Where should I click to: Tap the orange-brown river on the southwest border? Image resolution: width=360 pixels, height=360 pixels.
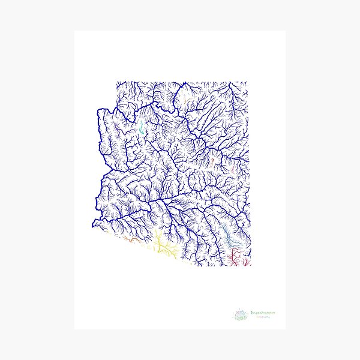pyautogui.click(x=128, y=239)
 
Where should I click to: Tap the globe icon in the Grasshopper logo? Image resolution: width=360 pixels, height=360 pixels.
pyautogui.click(x=241, y=315)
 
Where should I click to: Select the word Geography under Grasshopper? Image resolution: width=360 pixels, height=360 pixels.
pyautogui.click(x=260, y=318)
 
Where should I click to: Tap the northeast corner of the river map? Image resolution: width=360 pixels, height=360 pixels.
pyautogui.click(x=247, y=82)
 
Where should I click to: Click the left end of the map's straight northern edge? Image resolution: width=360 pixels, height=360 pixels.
pyautogui.click(x=116, y=82)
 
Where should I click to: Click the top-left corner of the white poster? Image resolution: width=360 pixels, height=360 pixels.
pyautogui.click(x=75, y=31)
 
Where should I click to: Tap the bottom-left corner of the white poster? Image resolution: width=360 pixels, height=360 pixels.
pyautogui.click(x=75, y=329)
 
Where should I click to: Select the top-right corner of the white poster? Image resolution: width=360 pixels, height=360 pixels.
pyautogui.click(x=286, y=31)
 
